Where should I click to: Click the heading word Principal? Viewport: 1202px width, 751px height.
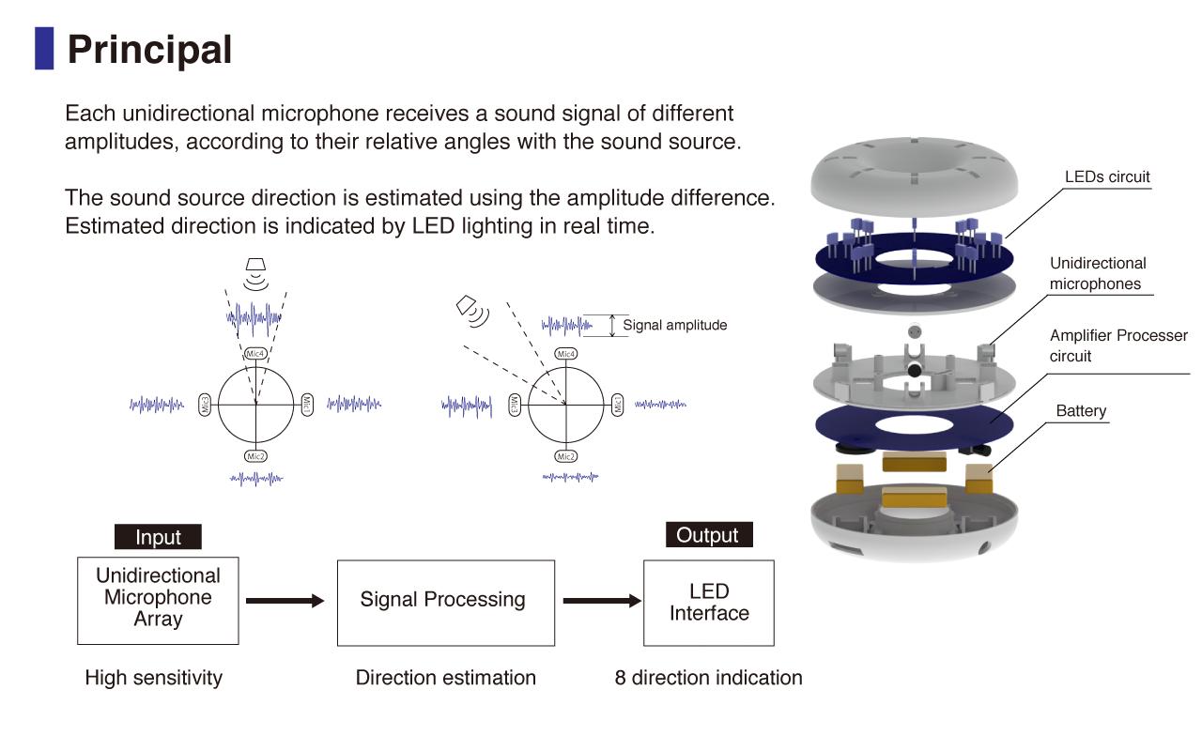click(149, 49)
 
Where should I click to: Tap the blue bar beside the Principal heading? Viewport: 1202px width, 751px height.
click(44, 48)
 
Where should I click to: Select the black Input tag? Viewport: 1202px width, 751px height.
click(158, 537)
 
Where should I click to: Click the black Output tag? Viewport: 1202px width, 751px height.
click(708, 535)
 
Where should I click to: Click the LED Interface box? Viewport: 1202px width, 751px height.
click(708, 603)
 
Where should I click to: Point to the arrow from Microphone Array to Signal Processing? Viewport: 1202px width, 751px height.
click(284, 601)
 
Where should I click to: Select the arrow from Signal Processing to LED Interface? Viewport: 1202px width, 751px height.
click(601, 601)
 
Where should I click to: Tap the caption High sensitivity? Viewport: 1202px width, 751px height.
click(154, 678)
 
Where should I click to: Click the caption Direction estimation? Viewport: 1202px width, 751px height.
click(446, 678)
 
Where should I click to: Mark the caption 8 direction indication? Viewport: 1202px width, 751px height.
click(709, 678)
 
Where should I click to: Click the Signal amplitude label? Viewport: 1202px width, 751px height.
click(675, 326)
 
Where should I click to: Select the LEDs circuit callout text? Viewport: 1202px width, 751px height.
click(1107, 176)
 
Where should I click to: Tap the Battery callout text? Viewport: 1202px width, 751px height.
click(1081, 411)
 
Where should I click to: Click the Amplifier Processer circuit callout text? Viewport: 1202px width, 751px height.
click(1118, 345)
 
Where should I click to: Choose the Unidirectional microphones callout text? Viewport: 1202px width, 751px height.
click(1098, 273)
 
